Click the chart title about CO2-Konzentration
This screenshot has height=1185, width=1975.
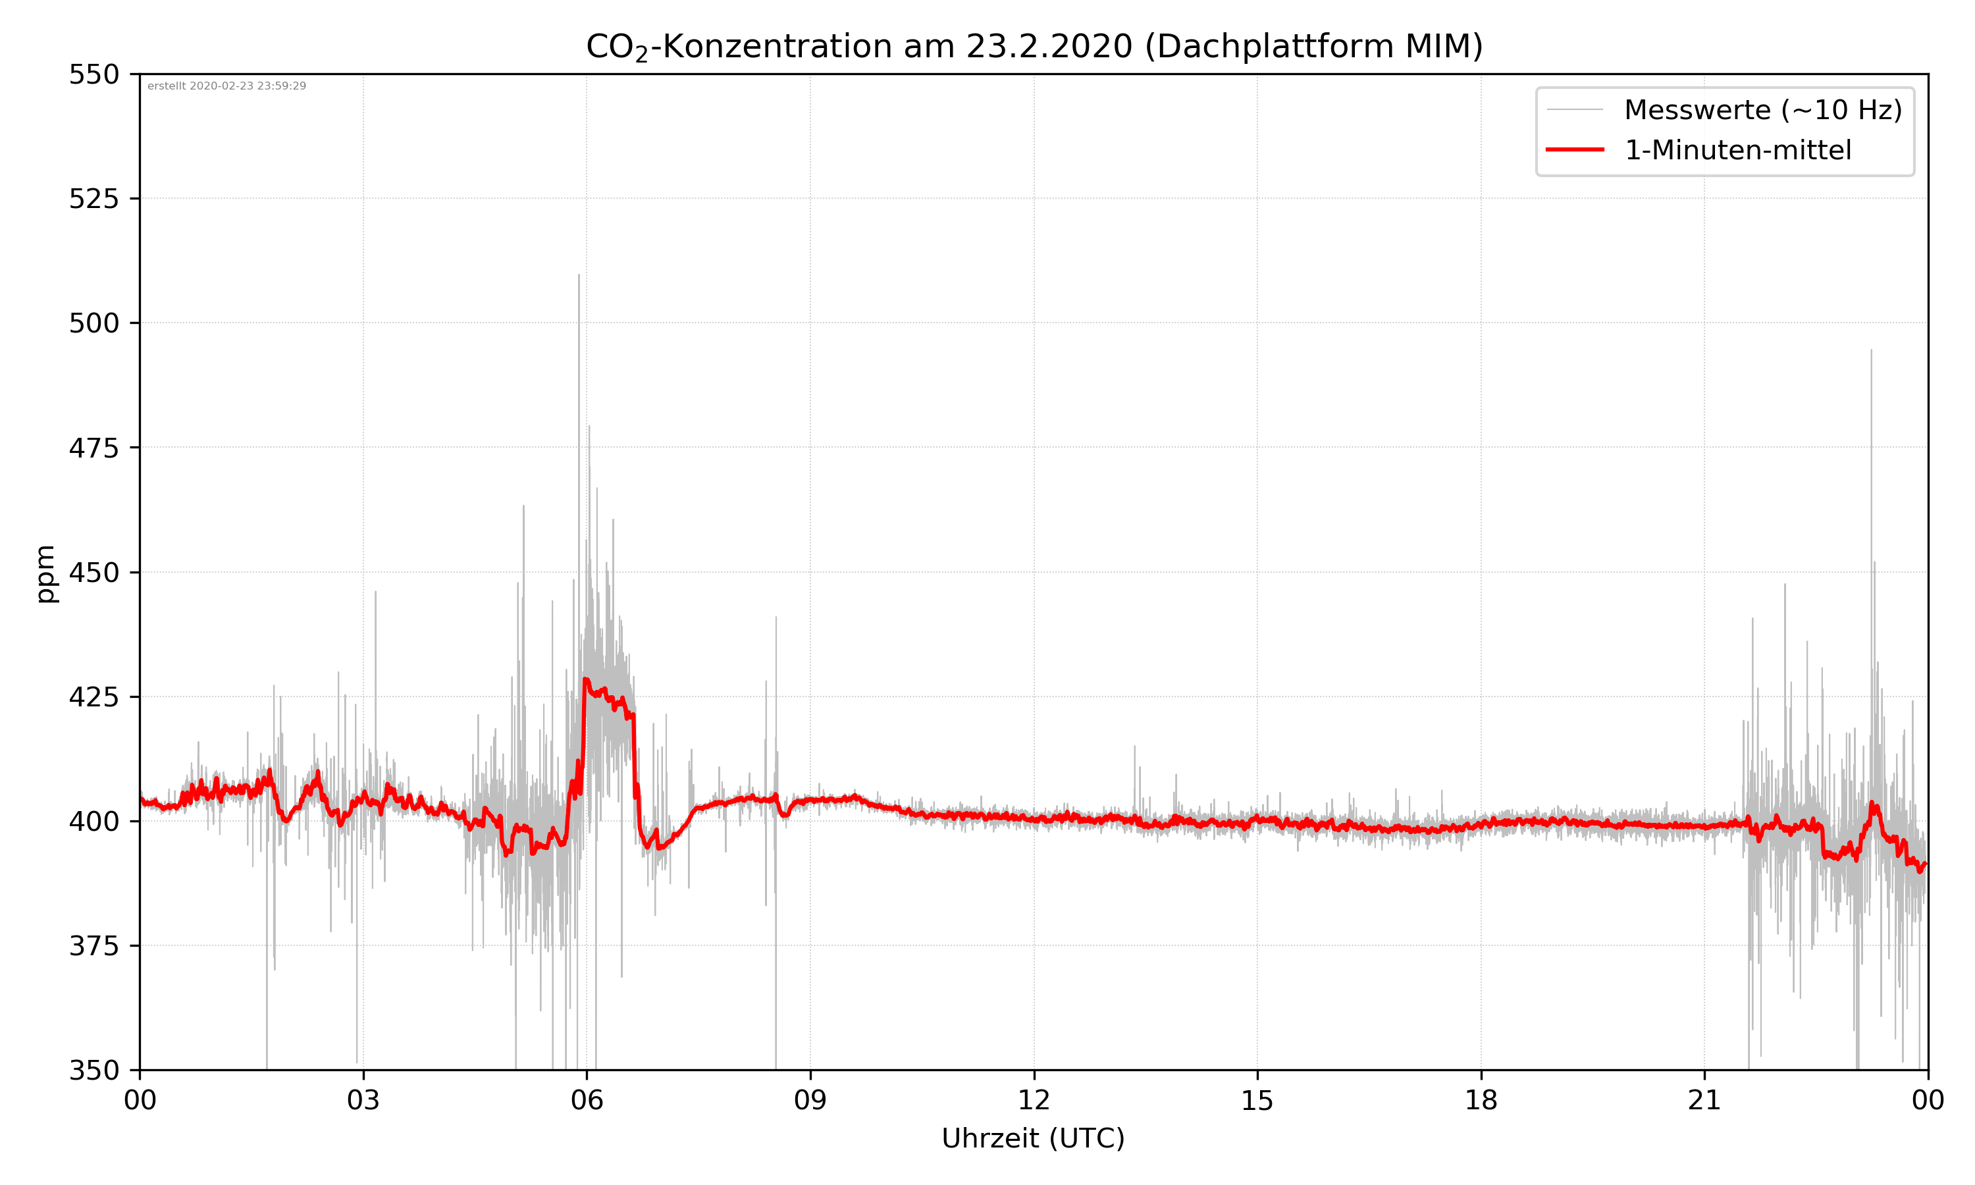(1034, 46)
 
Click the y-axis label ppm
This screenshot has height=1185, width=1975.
(45, 573)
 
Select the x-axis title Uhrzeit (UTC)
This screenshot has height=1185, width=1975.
(1033, 1138)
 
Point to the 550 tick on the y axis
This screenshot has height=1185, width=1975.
(93, 74)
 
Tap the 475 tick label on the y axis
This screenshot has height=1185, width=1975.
(93, 448)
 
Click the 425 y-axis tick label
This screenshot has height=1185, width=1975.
(93, 697)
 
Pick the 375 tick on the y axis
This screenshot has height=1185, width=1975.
(93, 946)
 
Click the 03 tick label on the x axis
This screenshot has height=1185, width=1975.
(363, 1100)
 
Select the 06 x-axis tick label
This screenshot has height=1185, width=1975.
(587, 1100)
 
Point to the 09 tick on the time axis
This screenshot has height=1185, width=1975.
(810, 1100)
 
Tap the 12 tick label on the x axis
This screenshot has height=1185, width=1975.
(1034, 1100)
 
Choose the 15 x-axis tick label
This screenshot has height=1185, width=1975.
(1257, 1100)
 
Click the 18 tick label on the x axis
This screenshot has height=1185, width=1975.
(1481, 1100)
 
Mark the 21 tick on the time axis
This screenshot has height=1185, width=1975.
(1704, 1100)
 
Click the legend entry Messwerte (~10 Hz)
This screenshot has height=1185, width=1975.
(1762, 110)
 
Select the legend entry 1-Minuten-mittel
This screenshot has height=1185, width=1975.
(1737, 150)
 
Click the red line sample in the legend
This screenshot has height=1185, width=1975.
(1574, 150)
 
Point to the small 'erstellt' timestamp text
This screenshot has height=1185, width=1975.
(226, 86)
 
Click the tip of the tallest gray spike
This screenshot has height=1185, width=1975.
(579, 275)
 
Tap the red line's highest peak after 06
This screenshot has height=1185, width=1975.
(586, 679)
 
